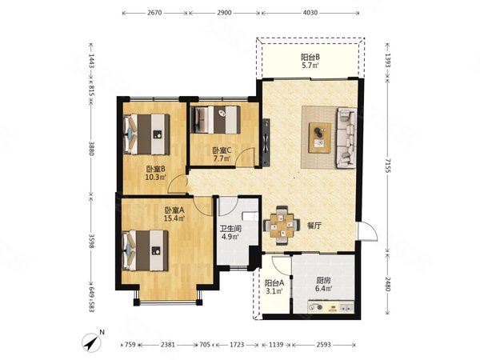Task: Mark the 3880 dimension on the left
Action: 93,149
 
